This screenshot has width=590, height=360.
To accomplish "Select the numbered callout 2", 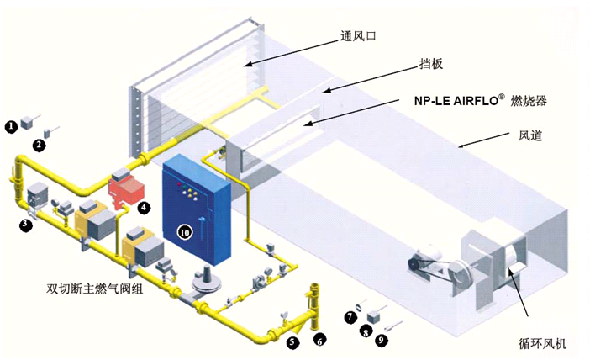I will click(38, 145).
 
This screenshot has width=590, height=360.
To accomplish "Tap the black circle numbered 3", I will click(26, 225).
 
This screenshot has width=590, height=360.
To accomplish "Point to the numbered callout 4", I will click(145, 206).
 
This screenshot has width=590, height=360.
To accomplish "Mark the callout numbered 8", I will click(365, 332).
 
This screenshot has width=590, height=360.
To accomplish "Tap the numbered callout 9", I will click(382, 341).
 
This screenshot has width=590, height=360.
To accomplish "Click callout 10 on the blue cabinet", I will click(182, 230).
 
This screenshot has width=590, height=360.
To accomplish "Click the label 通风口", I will click(357, 37).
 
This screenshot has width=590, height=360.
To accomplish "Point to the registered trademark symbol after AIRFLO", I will click(502, 95).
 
